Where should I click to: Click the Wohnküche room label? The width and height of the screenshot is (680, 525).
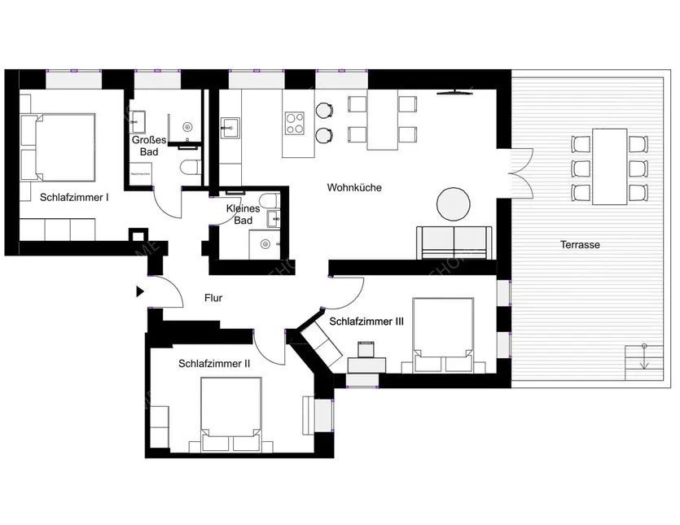(x=354, y=188)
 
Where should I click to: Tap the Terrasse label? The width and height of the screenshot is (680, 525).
(x=579, y=244)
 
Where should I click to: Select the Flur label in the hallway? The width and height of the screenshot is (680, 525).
(x=213, y=299)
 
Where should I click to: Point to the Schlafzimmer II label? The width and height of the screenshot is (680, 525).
(x=213, y=364)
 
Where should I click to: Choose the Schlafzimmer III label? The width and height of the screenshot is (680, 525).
(x=366, y=322)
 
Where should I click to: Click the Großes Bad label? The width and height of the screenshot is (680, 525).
(x=149, y=147)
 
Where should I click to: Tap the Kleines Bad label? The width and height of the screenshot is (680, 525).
(x=242, y=214)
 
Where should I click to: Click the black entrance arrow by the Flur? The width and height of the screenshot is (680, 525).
(x=140, y=291)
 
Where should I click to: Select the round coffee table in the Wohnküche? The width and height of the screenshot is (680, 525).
(x=454, y=204)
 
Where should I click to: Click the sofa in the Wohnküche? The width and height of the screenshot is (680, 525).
(x=455, y=242)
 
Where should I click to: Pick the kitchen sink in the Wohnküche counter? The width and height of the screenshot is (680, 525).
(x=230, y=127)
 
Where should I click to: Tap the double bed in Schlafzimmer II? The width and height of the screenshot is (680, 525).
(x=231, y=414)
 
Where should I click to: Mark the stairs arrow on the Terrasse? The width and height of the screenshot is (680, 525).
(x=643, y=358)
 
